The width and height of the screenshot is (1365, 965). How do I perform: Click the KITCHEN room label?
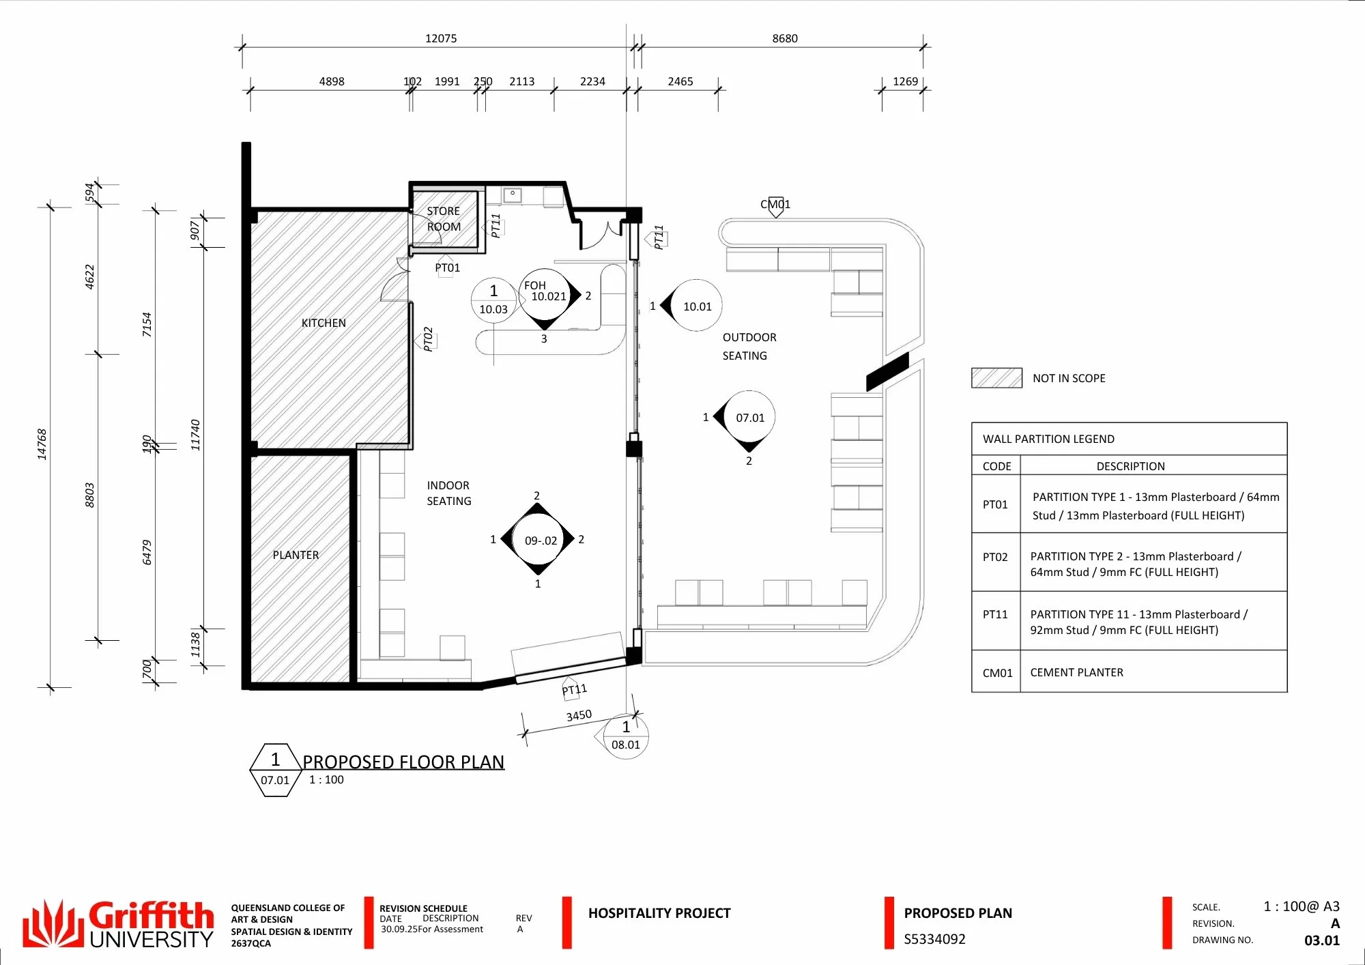coord(324,323)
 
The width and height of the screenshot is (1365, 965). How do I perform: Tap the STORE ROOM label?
coord(444,219)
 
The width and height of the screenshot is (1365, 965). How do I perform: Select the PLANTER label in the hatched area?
coord(296,555)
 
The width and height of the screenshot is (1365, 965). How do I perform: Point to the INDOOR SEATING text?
coord(449,493)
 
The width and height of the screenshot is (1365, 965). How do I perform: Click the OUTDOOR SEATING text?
coord(749,347)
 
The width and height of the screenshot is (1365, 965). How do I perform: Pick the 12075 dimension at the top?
coord(441,38)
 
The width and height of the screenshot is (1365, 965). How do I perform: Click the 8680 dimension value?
coord(785,38)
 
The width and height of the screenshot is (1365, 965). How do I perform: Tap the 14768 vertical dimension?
coord(42,444)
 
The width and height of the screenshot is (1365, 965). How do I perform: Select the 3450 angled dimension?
coord(579,715)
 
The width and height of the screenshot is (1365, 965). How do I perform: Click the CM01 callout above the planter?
coord(775,204)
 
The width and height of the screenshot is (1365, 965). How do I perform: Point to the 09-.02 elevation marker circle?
coord(541,541)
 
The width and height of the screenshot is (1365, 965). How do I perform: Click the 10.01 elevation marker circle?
coord(696,306)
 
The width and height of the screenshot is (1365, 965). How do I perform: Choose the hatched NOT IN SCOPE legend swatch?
coord(996,378)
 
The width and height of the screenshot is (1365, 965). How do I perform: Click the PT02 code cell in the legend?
coord(995,557)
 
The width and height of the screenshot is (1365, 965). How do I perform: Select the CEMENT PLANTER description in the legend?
coord(1076,672)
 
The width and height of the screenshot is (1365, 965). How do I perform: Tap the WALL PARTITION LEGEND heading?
coord(1048,439)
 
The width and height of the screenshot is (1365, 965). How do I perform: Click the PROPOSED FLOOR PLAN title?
coord(403,762)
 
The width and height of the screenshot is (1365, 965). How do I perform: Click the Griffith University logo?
coord(118,923)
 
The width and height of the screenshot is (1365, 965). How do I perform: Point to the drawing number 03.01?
coord(1322,940)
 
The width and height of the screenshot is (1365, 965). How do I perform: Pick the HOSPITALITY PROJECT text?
coord(659,913)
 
